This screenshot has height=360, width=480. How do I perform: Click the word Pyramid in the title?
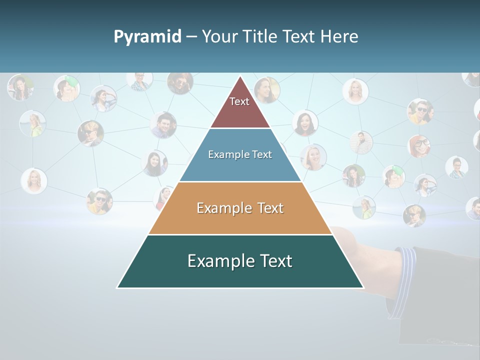(147, 36)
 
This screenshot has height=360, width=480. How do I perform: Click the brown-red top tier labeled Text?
(240, 107)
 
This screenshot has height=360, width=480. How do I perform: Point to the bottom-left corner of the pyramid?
(117, 287)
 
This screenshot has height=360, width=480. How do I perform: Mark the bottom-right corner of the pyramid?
(363, 287)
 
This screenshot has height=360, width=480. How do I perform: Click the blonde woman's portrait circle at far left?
(34, 180)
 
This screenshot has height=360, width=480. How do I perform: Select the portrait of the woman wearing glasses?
(419, 145)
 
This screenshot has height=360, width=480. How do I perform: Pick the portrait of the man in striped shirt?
(361, 142)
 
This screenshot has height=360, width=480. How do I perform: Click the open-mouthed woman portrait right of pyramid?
(305, 123)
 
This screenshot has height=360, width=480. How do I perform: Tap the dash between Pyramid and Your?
(191, 37)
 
